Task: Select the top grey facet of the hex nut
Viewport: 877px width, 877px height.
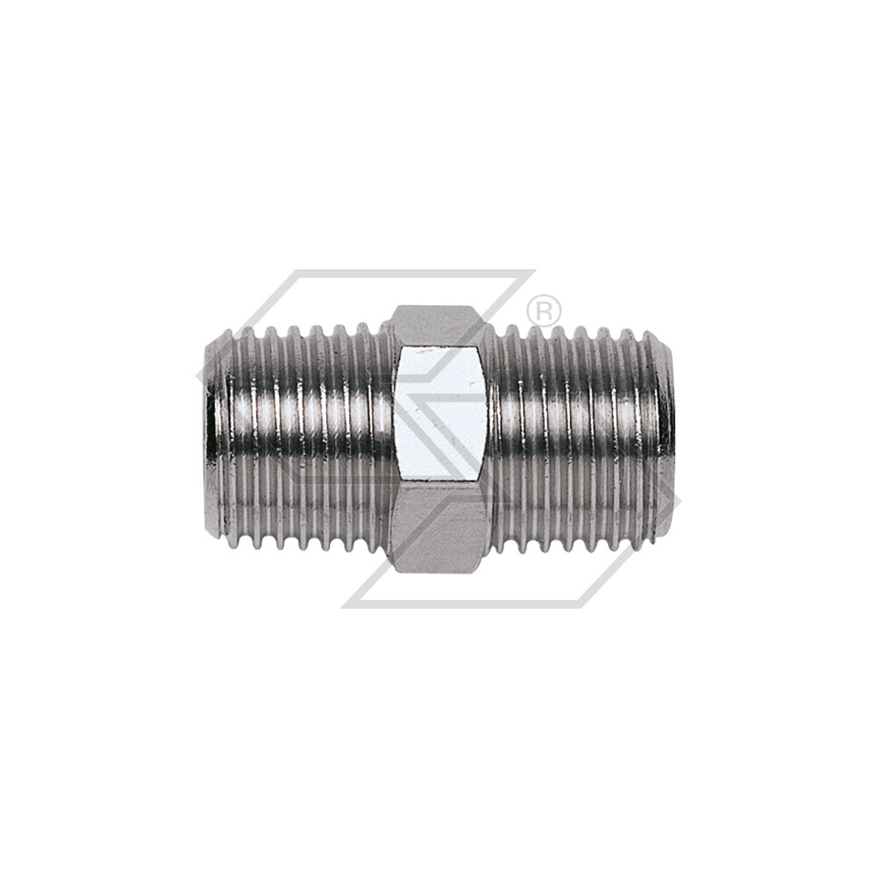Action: (x=436, y=324)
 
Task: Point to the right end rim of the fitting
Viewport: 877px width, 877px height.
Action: (x=668, y=434)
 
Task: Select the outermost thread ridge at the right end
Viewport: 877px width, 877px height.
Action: (x=653, y=434)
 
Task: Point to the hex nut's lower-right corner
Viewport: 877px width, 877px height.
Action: (x=484, y=570)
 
